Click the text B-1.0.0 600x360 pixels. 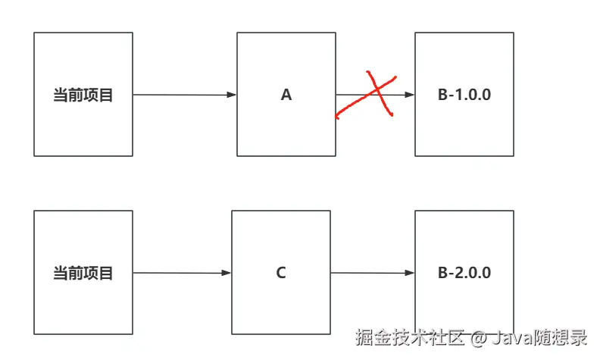pos(464,95)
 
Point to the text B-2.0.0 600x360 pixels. pos(464,273)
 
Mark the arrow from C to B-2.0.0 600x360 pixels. pos(372,273)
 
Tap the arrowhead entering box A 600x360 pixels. pos(232,95)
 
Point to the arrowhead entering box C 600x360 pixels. pos(227,273)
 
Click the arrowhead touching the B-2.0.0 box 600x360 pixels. pos(410,273)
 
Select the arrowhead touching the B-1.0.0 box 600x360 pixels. pos(410,95)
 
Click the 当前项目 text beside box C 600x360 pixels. pos(83,273)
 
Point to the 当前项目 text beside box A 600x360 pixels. pos(83,95)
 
